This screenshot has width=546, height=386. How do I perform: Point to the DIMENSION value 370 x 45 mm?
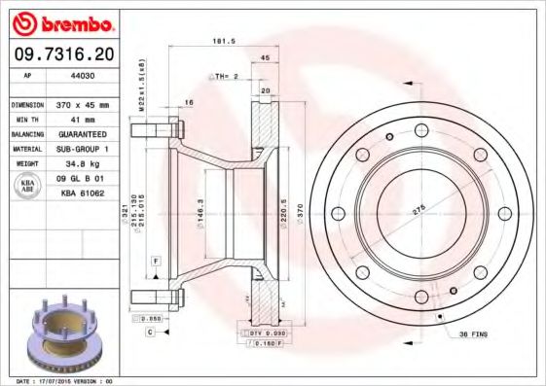tap(93, 104)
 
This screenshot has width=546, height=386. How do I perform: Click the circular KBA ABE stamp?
tap(29, 187)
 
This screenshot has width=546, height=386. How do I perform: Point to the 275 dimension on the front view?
tap(420, 207)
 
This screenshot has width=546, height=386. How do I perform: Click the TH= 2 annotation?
tap(225, 75)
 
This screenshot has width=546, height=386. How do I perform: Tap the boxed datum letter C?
tap(151, 333)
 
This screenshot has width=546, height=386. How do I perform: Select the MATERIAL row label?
tap(28, 149)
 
